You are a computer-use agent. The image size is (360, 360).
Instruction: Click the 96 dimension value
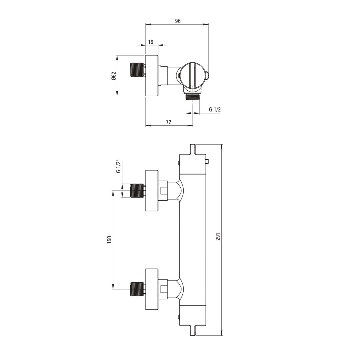[x=178, y=21]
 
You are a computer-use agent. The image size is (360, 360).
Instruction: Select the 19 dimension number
[x=151, y=42]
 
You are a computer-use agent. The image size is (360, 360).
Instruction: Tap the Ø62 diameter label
[x=114, y=76]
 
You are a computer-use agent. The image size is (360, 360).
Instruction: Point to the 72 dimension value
[x=169, y=122]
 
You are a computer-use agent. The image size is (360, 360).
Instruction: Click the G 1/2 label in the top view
[x=215, y=109]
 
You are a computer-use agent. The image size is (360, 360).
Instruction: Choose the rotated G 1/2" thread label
[x=118, y=166]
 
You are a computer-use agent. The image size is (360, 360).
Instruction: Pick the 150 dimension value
[x=109, y=240]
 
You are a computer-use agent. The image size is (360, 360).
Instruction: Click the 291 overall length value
[x=218, y=236]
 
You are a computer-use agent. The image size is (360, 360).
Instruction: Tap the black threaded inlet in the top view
[x=136, y=70]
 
